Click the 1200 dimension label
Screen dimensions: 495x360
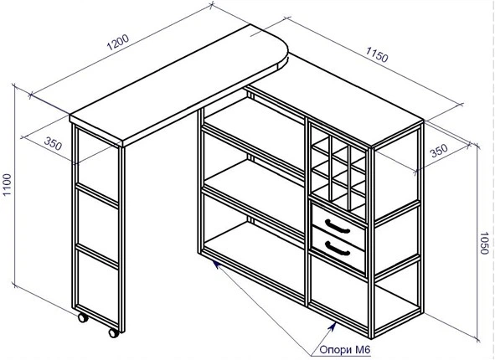pyautogui.click(x=118, y=42)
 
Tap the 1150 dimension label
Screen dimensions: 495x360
pyautogui.click(x=377, y=54)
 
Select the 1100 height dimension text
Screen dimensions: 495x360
pyautogui.click(x=7, y=184)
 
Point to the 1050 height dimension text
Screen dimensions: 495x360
pyautogui.click(x=484, y=243)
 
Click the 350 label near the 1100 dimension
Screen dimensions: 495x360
pyautogui.click(x=53, y=143)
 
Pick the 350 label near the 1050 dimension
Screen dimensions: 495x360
pyautogui.click(x=439, y=151)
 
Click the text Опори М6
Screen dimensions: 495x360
pyautogui.click(x=345, y=350)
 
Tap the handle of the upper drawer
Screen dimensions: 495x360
pyautogui.click(x=338, y=226)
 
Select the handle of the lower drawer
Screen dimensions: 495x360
pyautogui.click(x=338, y=248)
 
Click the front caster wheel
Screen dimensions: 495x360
pyautogui.click(x=114, y=333)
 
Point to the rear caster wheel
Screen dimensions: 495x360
pyautogui.click(x=83, y=317)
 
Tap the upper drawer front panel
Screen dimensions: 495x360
pyautogui.click(x=338, y=226)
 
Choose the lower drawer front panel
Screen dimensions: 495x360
pyautogui.click(x=338, y=249)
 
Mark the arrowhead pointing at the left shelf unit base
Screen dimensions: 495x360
pyautogui.click(x=216, y=265)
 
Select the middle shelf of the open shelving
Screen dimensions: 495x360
pyautogui.click(x=254, y=183)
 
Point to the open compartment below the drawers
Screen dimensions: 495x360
pyautogui.click(x=339, y=284)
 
